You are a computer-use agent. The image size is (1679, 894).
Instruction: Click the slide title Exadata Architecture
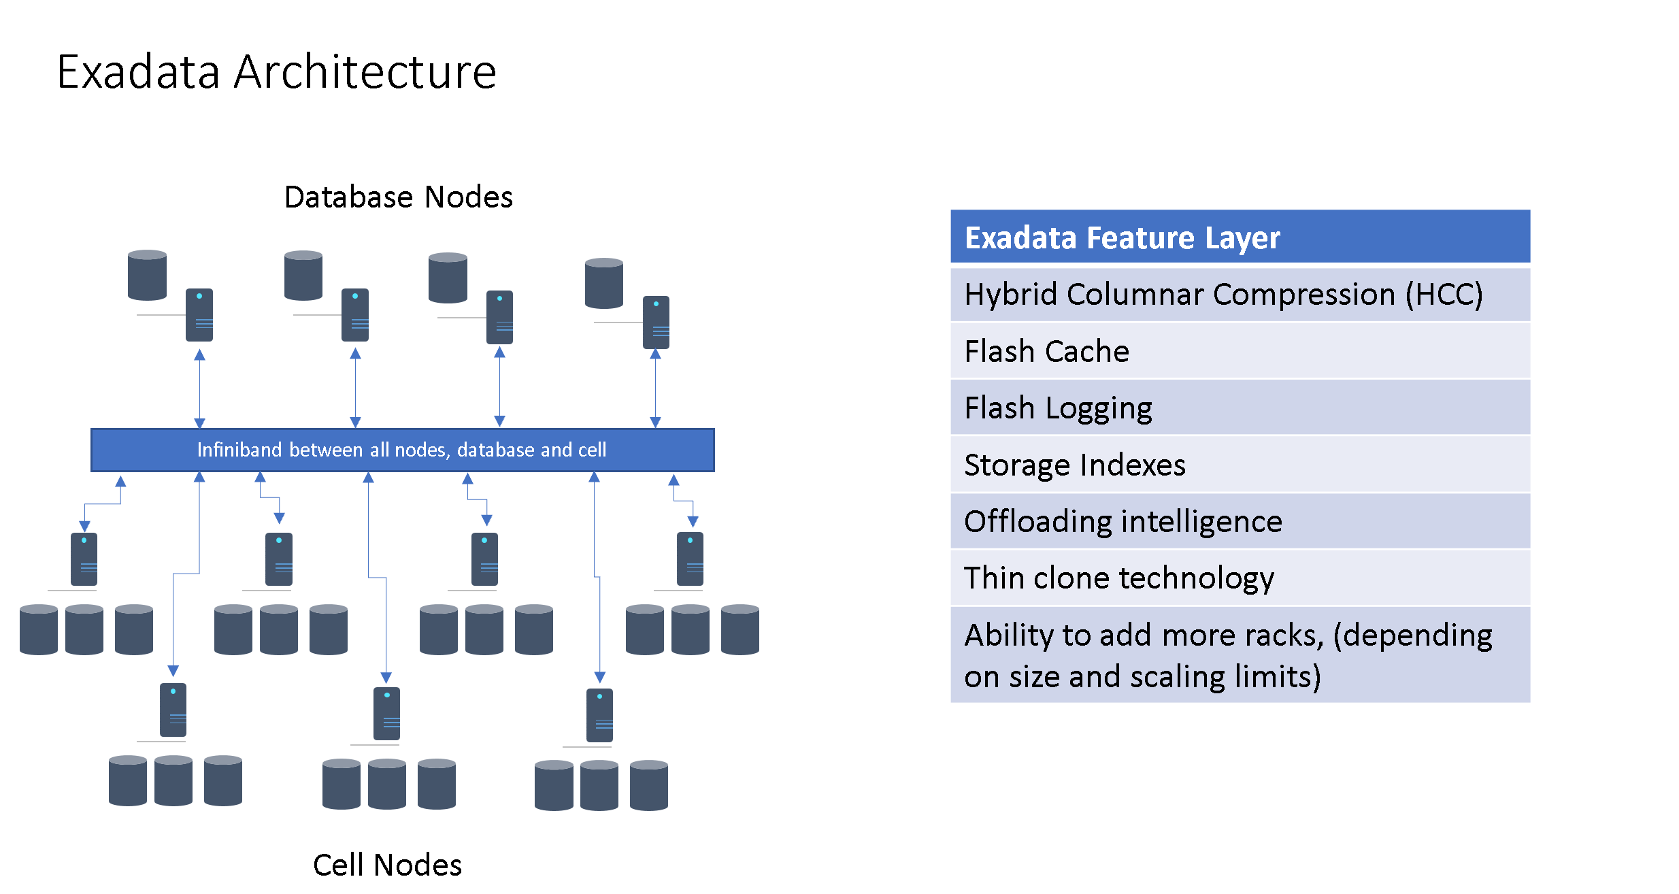276,71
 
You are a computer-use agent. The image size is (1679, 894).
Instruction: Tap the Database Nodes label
399,197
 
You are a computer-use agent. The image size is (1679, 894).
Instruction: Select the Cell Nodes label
387,865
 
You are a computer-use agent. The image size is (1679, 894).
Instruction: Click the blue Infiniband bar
403,450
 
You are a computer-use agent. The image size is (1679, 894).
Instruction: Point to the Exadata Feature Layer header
1240,237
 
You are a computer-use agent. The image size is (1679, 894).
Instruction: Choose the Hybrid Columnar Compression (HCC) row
1240,295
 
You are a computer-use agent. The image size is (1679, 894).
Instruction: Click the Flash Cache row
1240,351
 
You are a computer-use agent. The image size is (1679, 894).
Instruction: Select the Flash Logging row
1240,408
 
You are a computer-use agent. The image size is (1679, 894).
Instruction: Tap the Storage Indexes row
1240,465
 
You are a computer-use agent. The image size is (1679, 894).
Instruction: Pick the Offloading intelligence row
1240,521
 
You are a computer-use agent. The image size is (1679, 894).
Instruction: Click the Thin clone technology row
1240,578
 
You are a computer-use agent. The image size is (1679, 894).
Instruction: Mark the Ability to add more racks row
1240,655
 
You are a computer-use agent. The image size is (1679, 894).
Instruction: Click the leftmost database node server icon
199,315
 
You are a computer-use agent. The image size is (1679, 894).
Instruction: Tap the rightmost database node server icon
656,322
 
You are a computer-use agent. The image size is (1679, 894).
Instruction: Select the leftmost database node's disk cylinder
147,275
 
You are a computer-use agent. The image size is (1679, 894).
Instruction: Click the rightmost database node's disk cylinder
604,283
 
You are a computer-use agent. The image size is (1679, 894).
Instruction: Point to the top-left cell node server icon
84,559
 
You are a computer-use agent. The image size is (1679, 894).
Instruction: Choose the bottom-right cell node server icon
599,715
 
